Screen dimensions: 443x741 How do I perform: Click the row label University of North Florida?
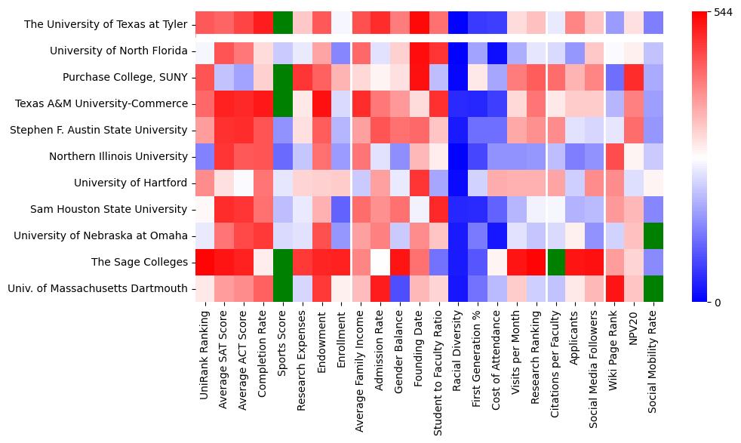coord(118,51)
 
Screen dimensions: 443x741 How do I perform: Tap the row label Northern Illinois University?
coord(118,156)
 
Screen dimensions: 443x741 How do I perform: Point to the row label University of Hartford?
coord(130,183)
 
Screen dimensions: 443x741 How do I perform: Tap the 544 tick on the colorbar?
coord(724,13)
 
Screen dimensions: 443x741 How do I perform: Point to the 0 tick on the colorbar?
coord(718,303)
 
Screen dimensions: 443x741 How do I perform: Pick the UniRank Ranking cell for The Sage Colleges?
coord(204,262)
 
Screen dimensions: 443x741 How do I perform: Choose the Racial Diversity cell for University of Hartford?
coord(460,183)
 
